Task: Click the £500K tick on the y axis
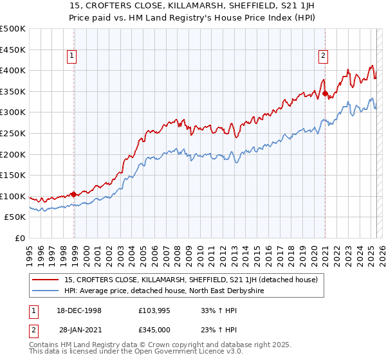pyautogui.click(x=13, y=29)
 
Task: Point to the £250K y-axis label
pyautogui.click(x=13, y=133)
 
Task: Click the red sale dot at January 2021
pyautogui.click(x=326, y=94)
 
